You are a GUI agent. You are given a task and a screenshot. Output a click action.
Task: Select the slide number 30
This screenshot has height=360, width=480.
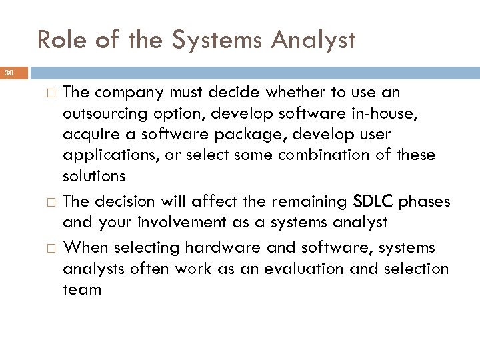[9, 73]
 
